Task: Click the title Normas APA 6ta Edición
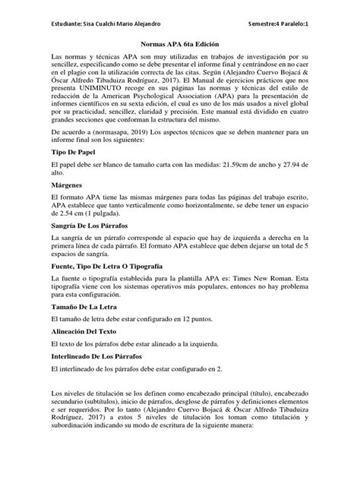click(179, 44)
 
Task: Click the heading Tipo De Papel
click(74, 173)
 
